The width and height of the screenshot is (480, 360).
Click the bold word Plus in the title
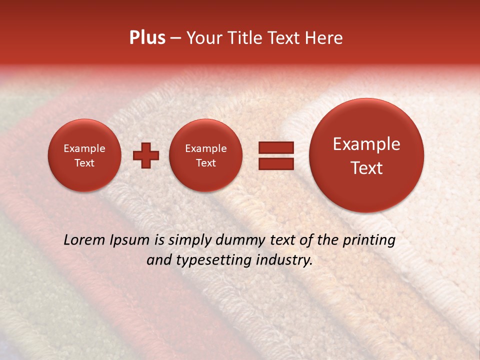[147, 38]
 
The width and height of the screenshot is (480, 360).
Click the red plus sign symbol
[145, 155]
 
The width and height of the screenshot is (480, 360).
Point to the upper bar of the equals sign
[276, 147]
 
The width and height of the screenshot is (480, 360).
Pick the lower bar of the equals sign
[276, 163]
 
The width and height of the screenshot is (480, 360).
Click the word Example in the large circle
[366, 144]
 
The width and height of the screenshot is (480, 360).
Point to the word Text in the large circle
[366, 168]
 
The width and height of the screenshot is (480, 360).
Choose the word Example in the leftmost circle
[84, 148]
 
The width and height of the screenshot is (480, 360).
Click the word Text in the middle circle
[205, 163]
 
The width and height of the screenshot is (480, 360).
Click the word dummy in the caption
[238, 240]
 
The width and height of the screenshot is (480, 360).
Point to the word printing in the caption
[369, 240]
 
